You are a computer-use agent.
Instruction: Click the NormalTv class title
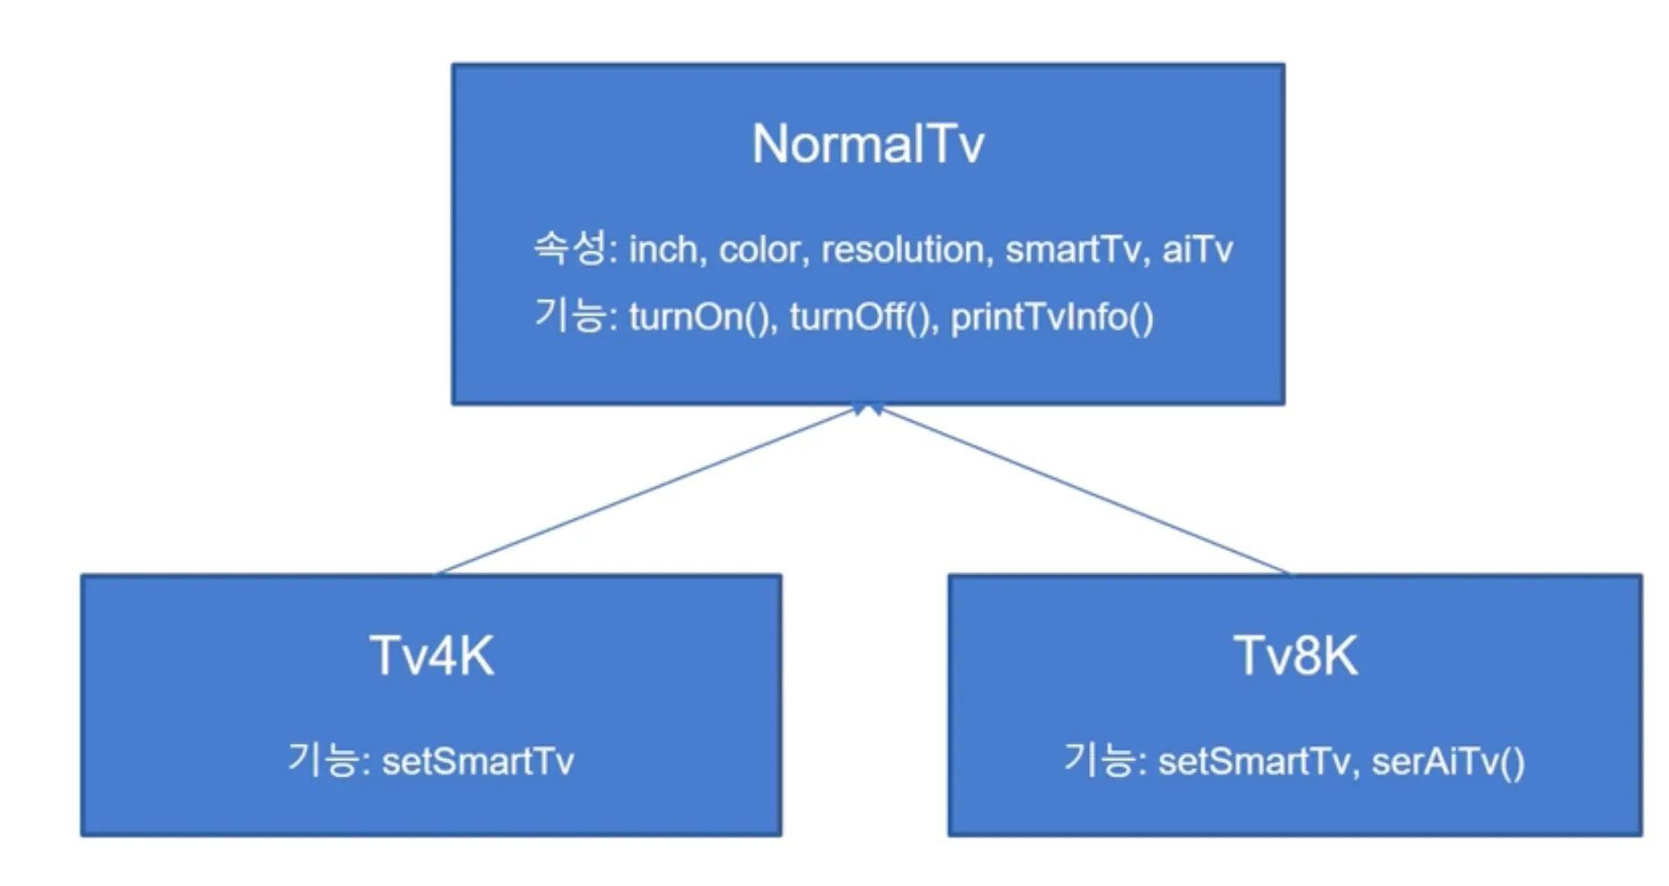coord(868,144)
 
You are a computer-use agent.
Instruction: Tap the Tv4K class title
coord(432,655)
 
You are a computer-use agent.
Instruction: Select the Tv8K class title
coord(1295,655)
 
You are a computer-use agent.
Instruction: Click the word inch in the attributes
coord(663,250)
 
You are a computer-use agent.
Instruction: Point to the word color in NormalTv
coord(759,250)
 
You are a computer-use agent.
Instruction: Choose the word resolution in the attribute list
coord(902,250)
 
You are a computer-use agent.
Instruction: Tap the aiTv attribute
coord(1197,250)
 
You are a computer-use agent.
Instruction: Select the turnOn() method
coord(701,317)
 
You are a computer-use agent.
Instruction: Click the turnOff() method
coord(861,317)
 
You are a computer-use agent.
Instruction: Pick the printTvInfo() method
coord(1051,317)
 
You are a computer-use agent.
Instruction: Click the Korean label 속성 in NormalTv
coord(569,247)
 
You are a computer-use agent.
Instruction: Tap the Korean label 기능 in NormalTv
coord(569,315)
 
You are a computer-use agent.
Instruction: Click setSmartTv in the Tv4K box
coord(477,762)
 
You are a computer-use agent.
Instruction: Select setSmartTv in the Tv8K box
coord(1254,762)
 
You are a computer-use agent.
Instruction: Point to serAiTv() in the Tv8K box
coord(1448,762)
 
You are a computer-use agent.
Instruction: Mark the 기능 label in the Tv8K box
coord(1099,760)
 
